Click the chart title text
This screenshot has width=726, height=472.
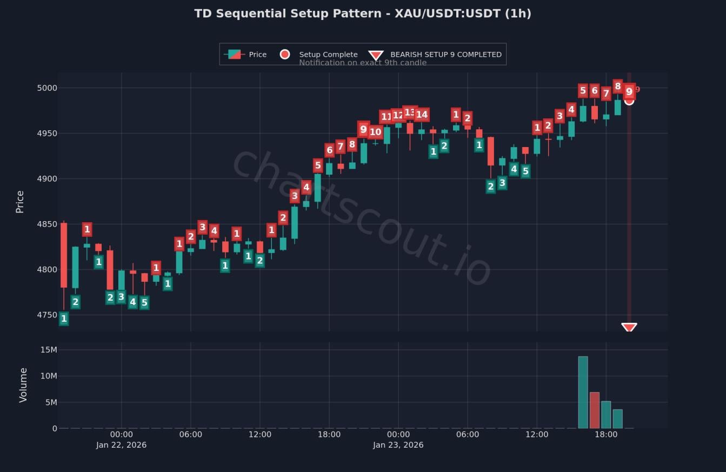(363, 14)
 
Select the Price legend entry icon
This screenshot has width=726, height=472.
(234, 54)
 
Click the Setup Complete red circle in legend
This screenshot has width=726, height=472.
(285, 54)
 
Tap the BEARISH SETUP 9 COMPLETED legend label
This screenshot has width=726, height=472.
(445, 54)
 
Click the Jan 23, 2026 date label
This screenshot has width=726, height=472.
(398, 445)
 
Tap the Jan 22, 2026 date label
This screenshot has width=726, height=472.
(121, 445)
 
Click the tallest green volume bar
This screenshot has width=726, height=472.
(583, 392)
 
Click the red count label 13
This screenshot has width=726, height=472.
(410, 112)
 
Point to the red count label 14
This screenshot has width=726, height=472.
(422, 115)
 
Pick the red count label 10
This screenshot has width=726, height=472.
(375, 132)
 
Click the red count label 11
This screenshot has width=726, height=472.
(386, 117)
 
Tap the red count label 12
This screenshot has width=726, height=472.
(398, 115)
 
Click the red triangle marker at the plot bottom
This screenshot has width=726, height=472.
(629, 327)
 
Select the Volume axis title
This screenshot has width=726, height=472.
(23, 385)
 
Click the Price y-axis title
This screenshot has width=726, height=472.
(20, 202)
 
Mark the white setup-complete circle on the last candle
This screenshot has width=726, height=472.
(629, 101)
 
